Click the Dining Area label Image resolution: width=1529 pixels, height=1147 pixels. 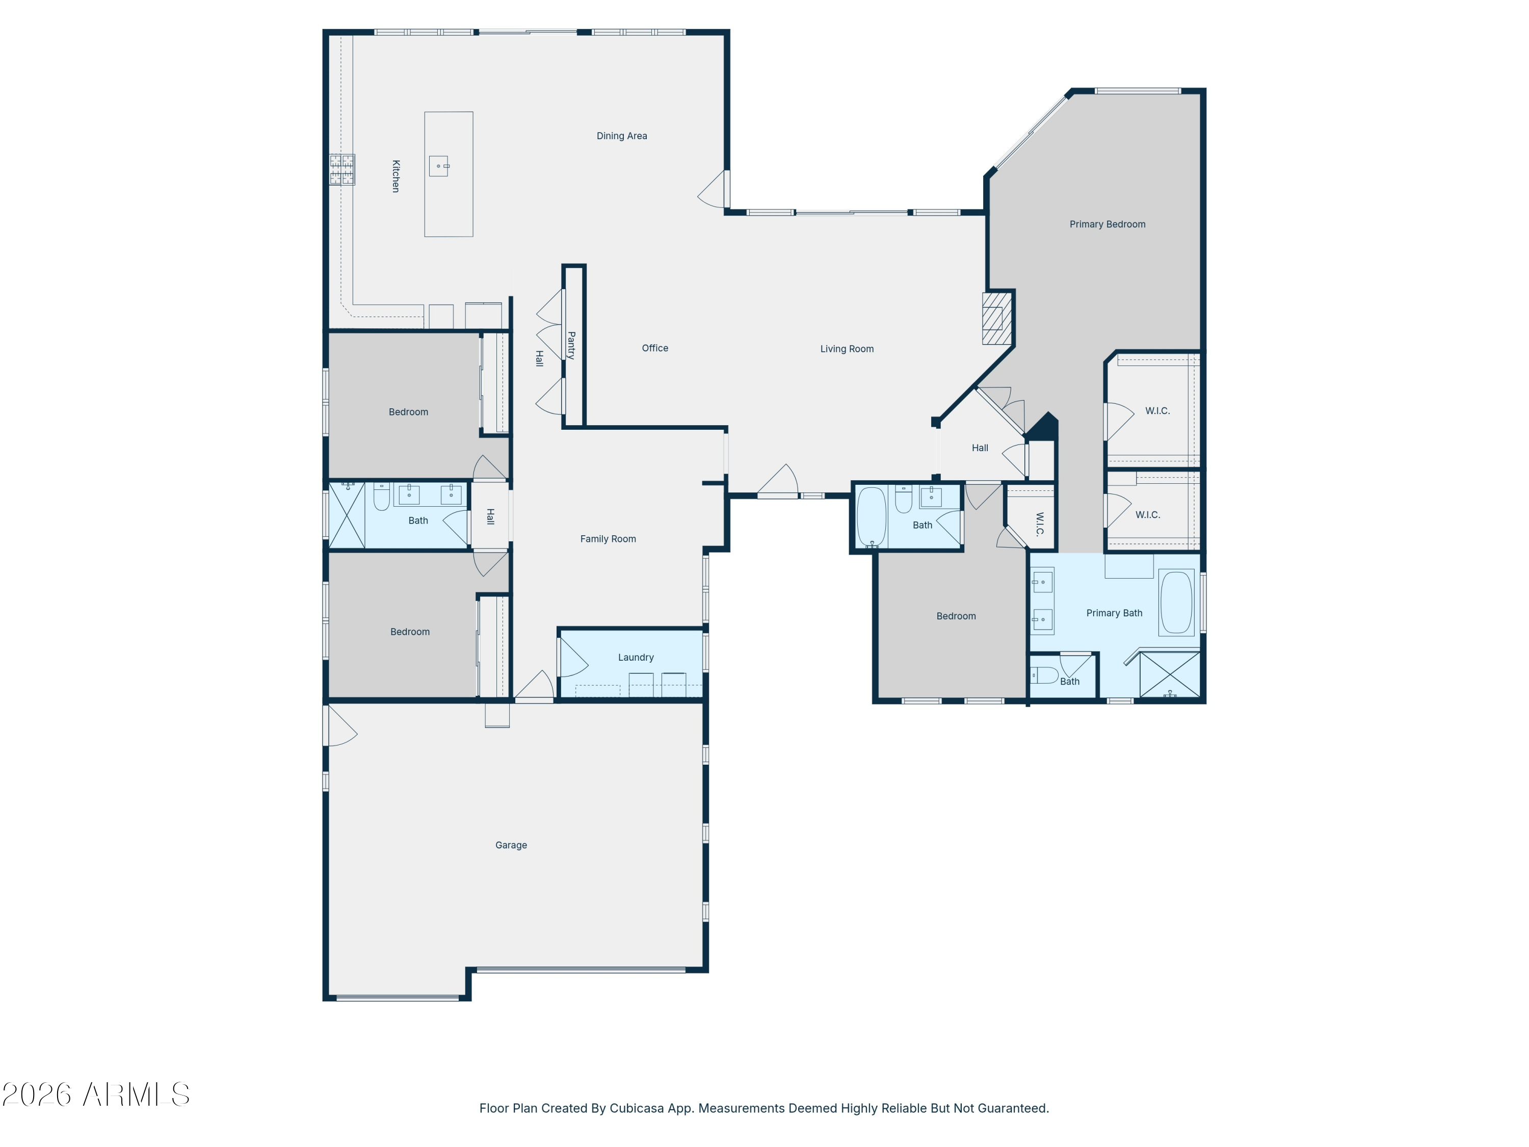pyautogui.click(x=621, y=136)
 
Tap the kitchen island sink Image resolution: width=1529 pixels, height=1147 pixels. pyautogui.click(x=438, y=166)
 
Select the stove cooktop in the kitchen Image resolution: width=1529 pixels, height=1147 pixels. pyautogui.click(x=342, y=169)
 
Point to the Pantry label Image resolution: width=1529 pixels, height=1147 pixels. pyautogui.click(x=571, y=345)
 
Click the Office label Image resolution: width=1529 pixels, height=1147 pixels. pyautogui.click(x=654, y=348)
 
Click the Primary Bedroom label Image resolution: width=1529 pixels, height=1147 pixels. pyautogui.click(x=1106, y=224)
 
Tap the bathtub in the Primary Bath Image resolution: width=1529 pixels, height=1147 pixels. pyautogui.click(x=1176, y=602)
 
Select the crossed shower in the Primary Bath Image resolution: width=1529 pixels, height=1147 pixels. pyautogui.click(x=1169, y=674)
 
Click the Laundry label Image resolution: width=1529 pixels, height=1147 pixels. pyautogui.click(x=635, y=657)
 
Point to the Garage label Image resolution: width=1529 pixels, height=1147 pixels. pyautogui.click(x=511, y=845)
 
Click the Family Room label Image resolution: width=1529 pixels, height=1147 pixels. pyautogui.click(x=608, y=539)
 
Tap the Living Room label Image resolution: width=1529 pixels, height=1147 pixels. pyautogui.click(x=846, y=349)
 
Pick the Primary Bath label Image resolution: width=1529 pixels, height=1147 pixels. pyautogui.click(x=1114, y=613)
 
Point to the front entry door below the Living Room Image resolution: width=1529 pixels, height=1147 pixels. pyautogui.click(x=778, y=481)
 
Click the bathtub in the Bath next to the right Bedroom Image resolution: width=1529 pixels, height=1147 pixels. pyautogui.click(x=871, y=516)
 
